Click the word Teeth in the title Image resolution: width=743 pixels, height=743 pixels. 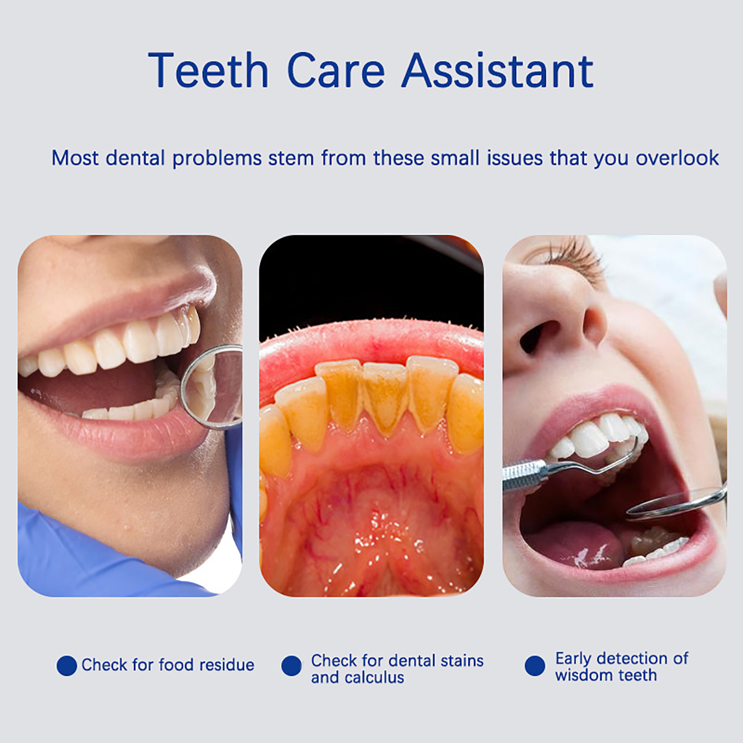coord(209,70)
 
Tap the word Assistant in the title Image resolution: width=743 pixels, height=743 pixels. coord(498,70)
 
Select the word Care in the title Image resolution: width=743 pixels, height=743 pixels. coord(336,70)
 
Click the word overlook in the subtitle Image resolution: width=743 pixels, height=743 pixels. coord(677,158)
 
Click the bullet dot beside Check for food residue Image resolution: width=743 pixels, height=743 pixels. coord(66,665)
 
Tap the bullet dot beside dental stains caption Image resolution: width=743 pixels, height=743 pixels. coord(291,665)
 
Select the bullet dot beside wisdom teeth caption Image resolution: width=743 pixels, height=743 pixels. coord(534,665)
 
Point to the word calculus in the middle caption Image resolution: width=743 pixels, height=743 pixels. coord(374,678)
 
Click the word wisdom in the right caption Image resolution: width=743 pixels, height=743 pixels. coord(583,675)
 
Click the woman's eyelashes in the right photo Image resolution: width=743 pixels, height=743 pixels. coord(574,253)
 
